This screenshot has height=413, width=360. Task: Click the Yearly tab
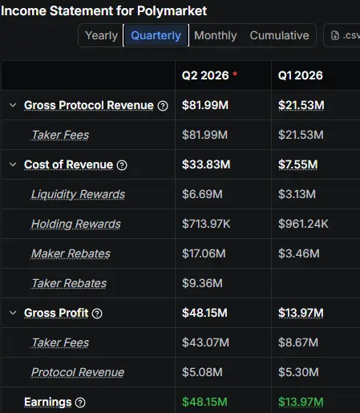pyautogui.click(x=101, y=35)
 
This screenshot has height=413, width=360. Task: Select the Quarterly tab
pyautogui.click(x=156, y=35)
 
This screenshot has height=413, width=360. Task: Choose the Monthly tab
pyautogui.click(x=216, y=35)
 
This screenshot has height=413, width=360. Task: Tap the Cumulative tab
pyautogui.click(x=279, y=35)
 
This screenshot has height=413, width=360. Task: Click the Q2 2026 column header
pyautogui.click(x=205, y=75)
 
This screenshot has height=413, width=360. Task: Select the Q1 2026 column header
pyautogui.click(x=301, y=75)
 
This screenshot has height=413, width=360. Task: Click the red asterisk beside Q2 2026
pyautogui.click(x=235, y=74)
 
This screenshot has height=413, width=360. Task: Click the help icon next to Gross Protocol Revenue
pyautogui.click(x=163, y=106)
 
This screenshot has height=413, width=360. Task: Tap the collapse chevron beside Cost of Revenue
pyautogui.click(x=13, y=164)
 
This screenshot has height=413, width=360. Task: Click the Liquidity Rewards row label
pyautogui.click(x=78, y=194)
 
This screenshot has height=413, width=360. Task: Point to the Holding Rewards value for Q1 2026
pyautogui.click(x=303, y=224)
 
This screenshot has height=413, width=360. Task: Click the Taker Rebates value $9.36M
pyautogui.click(x=202, y=283)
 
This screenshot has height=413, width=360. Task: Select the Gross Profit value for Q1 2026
pyautogui.click(x=301, y=313)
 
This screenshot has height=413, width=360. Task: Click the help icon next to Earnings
pyautogui.click(x=80, y=403)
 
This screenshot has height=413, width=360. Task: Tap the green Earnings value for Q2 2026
pyautogui.click(x=204, y=402)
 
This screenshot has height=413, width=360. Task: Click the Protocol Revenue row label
pyautogui.click(x=78, y=372)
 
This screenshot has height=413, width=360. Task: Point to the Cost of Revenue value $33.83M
pyautogui.click(x=206, y=164)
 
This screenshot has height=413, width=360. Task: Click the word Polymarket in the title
pyautogui.click(x=172, y=11)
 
